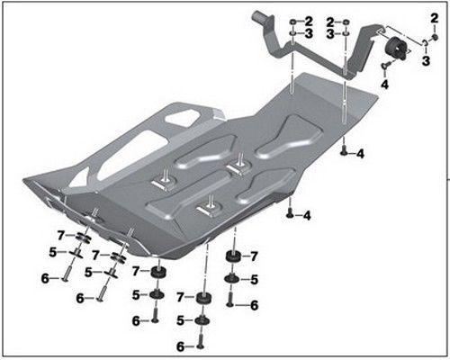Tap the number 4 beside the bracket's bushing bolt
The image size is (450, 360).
click(384, 84)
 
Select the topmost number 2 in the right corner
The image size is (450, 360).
click(434, 17)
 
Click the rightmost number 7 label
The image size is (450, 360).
click(254, 256)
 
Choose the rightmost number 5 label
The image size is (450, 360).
click(255, 280)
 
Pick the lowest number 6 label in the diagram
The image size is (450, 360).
click(179, 346)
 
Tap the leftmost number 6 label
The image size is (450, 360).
click(44, 279)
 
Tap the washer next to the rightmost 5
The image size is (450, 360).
click(232, 280)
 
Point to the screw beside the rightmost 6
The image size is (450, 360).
click(230, 304)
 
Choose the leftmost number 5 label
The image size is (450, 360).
click(53, 252)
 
